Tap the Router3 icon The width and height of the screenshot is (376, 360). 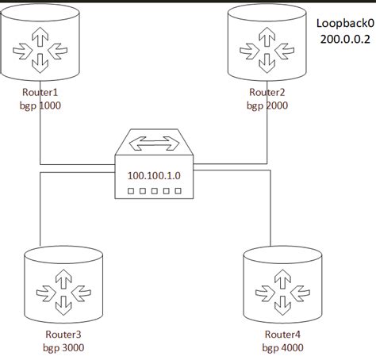pyautogui.click(x=63, y=287)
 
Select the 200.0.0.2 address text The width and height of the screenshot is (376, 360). pyautogui.click(x=345, y=40)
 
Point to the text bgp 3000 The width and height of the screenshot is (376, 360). pyautogui.click(x=63, y=347)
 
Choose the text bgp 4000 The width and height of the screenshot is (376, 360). pyautogui.click(x=283, y=347)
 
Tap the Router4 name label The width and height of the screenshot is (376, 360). pyautogui.click(x=283, y=334)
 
